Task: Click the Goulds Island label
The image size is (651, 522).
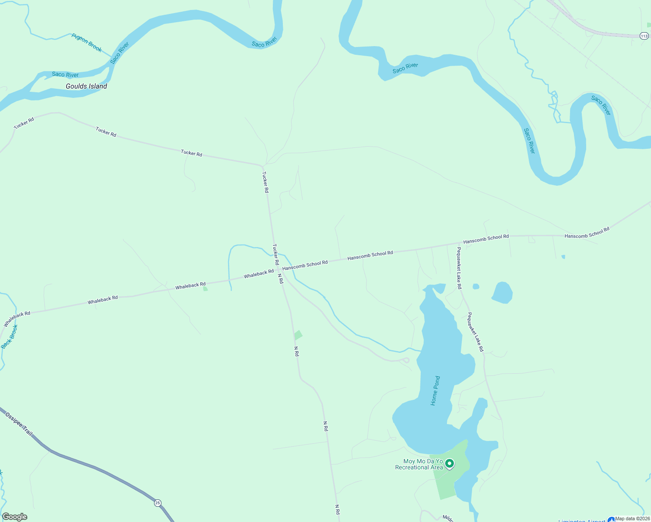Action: tap(86, 86)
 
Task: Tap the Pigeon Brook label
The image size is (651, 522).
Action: tap(87, 43)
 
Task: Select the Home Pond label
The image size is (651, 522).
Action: tap(435, 391)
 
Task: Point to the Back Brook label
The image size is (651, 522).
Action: tap(10, 337)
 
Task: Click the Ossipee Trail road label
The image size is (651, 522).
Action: tap(19, 424)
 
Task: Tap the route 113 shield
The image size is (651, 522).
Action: tap(644, 36)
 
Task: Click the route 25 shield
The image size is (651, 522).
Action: tap(158, 503)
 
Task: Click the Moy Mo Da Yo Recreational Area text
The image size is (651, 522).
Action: tap(419, 464)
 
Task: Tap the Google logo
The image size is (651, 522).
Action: tap(15, 517)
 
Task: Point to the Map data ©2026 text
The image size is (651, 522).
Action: tap(633, 519)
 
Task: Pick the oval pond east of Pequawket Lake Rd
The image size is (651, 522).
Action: tap(502, 292)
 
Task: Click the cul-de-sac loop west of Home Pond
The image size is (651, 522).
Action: tap(406, 360)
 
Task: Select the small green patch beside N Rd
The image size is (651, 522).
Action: tap(298, 335)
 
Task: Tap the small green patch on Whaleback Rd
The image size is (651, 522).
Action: tap(205, 288)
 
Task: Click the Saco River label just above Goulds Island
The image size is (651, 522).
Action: tap(65, 74)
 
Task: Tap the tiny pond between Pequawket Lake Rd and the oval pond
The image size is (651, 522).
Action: tap(476, 286)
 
